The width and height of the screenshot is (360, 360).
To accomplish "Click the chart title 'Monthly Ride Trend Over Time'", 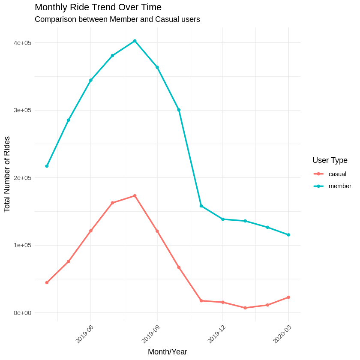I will coord(98,7).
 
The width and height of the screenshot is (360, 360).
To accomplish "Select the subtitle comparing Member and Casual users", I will coord(117,19).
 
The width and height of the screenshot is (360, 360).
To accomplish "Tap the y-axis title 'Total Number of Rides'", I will coord(7,174).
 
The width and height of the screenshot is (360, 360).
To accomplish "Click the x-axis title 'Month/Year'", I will coord(167,352).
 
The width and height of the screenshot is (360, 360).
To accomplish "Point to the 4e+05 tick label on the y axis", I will coord(22,43).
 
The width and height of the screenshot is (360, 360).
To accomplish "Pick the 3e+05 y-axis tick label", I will coord(22,110).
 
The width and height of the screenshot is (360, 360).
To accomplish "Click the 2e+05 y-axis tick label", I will coord(22,178).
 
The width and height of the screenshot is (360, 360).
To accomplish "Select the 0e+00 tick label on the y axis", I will coord(22,313).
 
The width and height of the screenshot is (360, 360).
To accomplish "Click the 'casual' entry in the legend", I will coord(337,174).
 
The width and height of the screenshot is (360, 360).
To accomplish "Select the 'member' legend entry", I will coord(339,186).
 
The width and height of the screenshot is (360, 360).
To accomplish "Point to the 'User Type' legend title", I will coord(330,160).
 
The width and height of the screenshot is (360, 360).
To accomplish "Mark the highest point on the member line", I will coord(135,41).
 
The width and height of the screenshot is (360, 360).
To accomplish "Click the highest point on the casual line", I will coord(135,196).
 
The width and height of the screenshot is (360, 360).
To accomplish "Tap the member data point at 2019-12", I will coord(223,219).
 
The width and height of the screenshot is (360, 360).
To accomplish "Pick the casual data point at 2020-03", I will coord(288,297).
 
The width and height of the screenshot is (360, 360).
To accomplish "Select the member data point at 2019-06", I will coord(91,80).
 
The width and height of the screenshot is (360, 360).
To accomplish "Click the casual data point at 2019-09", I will coord(157,231).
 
